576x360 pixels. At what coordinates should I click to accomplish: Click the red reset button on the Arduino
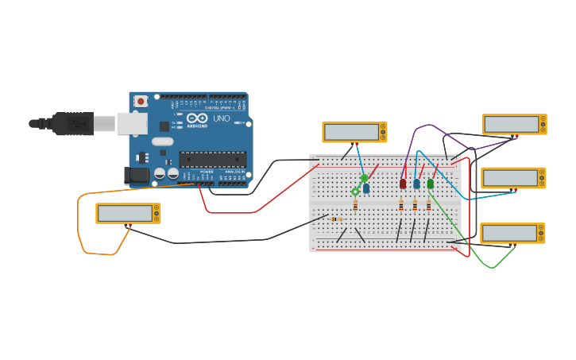(141, 101)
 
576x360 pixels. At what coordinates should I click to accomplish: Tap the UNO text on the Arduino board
(222, 118)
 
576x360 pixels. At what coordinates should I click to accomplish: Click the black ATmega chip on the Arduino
(212, 159)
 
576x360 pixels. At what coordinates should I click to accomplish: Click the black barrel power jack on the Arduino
(136, 175)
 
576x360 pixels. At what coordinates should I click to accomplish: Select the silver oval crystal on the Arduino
(163, 141)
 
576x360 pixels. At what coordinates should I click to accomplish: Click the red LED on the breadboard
(403, 184)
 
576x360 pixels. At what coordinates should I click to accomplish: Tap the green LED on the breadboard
(430, 184)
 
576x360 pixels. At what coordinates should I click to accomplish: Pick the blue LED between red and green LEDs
(416, 184)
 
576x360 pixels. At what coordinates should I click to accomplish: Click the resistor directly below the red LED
(401, 205)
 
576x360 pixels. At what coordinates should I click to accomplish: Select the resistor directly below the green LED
(428, 205)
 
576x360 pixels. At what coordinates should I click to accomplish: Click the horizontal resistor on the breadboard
(336, 219)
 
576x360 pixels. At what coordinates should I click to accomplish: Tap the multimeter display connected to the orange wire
(125, 213)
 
